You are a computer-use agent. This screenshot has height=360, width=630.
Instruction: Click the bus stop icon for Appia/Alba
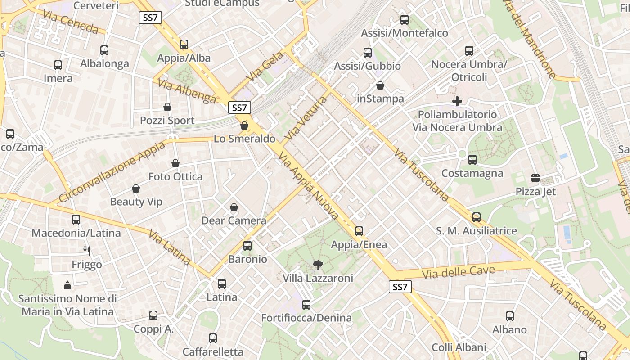click(x=184, y=45)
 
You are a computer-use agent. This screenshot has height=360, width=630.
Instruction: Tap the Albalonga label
click(x=104, y=63)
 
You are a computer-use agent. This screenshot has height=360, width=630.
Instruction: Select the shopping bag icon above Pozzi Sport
click(x=167, y=107)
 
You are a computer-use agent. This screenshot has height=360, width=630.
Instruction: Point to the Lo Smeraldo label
click(x=244, y=139)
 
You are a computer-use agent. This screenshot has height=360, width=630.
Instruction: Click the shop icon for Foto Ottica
click(x=175, y=163)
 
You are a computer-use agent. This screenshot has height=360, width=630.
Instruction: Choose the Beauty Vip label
click(x=136, y=202)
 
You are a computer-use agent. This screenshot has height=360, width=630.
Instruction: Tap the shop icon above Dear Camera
click(x=234, y=207)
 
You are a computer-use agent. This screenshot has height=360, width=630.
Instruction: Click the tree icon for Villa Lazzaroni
click(x=318, y=265)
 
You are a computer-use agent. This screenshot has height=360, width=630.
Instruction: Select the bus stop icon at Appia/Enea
click(x=359, y=231)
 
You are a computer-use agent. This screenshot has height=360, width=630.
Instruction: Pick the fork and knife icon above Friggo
click(x=87, y=251)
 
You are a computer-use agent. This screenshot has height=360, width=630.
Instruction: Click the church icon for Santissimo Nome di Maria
click(x=67, y=285)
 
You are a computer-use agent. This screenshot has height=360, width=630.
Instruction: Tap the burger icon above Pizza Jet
click(x=535, y=178)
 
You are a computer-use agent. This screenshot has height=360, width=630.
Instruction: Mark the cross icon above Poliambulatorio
click(x=457, y=101)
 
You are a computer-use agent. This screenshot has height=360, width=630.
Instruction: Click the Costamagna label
click(x=472, y=173)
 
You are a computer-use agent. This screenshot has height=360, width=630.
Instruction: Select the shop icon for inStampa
click(x=380, y=85)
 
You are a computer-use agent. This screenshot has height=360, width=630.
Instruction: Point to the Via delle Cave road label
click(x=459, y=272)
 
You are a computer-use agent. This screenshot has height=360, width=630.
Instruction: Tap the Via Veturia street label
click(x=306, y=117)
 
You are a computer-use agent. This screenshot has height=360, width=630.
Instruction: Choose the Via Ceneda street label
click(x=71, y=22)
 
